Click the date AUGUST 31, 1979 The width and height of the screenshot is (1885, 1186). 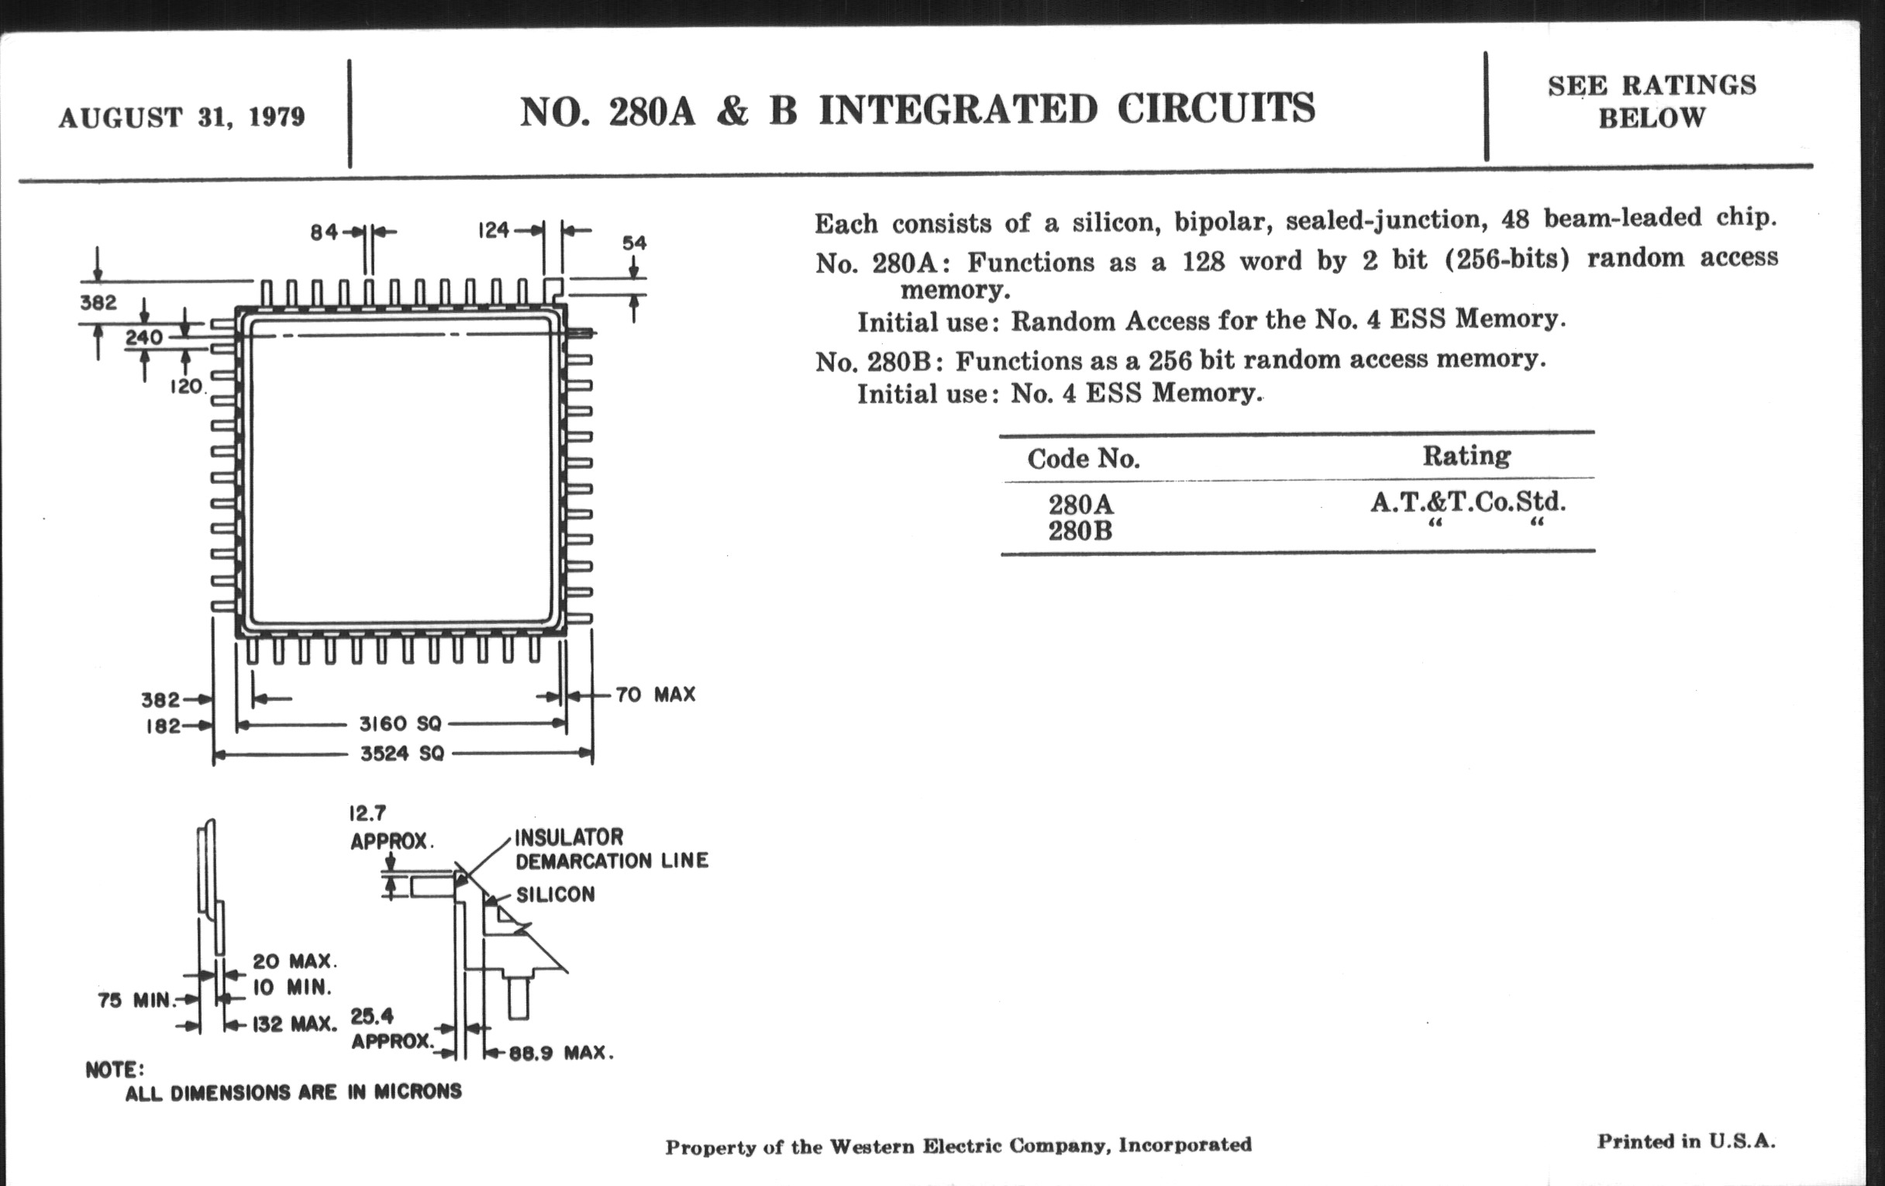point(181,117)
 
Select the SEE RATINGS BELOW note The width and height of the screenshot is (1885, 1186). point(1652,102)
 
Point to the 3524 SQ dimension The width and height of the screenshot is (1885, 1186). point(401,754)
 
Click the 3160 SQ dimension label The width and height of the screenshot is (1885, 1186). point(400,724)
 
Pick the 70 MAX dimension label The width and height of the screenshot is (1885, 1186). point(655,695)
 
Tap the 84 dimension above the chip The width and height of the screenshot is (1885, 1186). point(323,232)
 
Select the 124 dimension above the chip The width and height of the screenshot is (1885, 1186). point(493,230)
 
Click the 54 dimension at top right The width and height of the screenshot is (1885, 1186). point(634,243)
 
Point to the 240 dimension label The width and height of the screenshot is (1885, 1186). point(144,337)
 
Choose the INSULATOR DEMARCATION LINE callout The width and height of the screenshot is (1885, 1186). point(611,850)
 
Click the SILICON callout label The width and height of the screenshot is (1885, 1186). point(555,895)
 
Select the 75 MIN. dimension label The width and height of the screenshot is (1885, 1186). point(134,1001)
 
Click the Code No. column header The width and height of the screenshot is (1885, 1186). point(1084,459)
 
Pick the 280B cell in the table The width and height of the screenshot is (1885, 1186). point(1080,532)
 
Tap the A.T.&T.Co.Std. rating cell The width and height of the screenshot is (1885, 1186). point(1468,502)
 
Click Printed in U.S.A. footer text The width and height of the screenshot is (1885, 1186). point(1686,1141)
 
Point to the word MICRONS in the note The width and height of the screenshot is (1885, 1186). point(417,1091)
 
